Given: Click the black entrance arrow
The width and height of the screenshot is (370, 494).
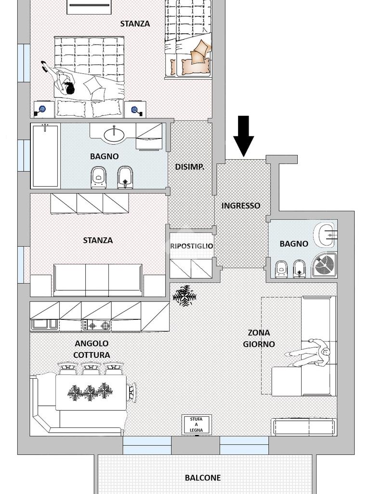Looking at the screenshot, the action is coord(243,136).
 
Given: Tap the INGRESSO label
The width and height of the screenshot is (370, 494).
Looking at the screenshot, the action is coord(241,206).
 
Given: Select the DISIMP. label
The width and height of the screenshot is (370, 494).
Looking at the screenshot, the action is coord(190,167).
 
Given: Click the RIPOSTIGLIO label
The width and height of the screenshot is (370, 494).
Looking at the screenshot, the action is coord(192,246).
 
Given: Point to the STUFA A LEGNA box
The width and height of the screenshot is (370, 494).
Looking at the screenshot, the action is coord(197,425).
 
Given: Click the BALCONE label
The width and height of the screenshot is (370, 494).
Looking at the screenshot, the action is coord(203,478).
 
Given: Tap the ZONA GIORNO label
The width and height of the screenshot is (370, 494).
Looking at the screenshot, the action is coord(259,338).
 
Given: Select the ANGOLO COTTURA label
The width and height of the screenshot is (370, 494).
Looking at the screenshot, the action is coord(92,349).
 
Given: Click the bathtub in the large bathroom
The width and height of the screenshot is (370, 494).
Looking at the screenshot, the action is coord(45,156).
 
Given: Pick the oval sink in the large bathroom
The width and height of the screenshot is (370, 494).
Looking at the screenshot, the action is coord(114,136).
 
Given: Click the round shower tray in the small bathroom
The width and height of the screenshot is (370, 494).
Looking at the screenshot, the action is coord(324,265).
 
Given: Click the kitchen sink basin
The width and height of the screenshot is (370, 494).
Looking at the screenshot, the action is coord(44,325).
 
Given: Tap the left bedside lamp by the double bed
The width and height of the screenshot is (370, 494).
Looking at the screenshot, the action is coord(41,110).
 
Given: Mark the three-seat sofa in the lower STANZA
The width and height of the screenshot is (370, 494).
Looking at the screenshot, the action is coord(98,280).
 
